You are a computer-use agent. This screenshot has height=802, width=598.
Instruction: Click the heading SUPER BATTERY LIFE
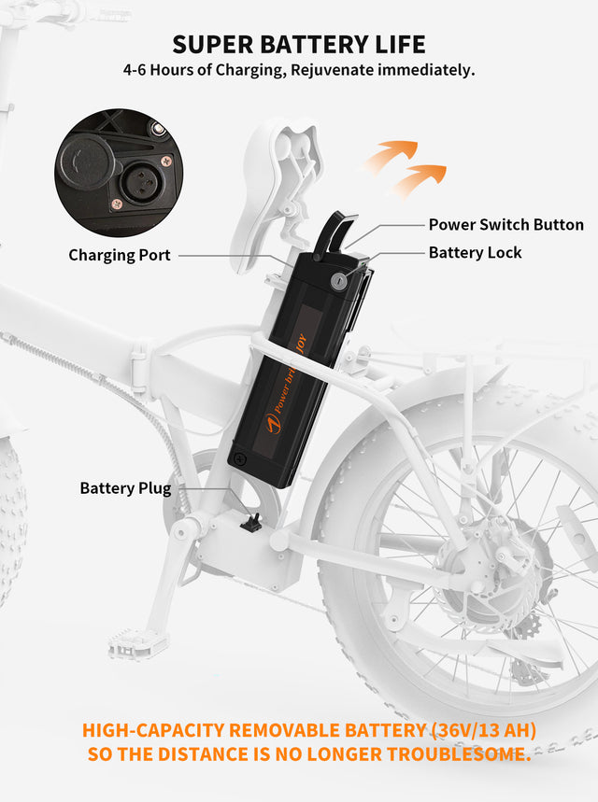point(299,44)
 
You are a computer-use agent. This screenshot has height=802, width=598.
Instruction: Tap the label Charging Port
point(120,255)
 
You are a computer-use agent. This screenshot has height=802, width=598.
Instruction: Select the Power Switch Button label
point(505,225)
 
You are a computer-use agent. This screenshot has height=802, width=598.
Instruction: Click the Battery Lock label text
point(475,253)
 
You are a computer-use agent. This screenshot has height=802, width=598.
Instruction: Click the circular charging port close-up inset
point(119,173)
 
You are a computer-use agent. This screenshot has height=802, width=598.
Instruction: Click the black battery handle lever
point(332,233)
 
